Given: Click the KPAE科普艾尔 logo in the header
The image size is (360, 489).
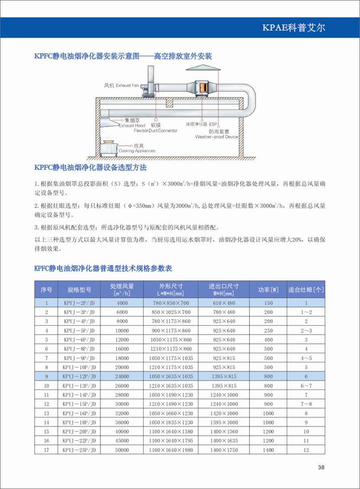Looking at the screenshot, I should coord(294,28).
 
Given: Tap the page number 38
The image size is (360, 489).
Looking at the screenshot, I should coord(321,468).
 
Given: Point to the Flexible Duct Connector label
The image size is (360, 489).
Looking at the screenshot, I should coord(156,130).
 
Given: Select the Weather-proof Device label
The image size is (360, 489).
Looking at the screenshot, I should coord(216,136).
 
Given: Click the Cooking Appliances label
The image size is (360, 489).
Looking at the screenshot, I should coord(137,150).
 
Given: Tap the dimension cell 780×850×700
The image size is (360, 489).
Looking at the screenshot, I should coord(171,303).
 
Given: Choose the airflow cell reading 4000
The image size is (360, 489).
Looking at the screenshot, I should coord(122,303).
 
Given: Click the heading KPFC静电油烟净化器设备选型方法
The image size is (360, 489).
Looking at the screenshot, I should coord(90,167).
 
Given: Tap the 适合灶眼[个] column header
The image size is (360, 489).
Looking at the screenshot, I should coord(306,289).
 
